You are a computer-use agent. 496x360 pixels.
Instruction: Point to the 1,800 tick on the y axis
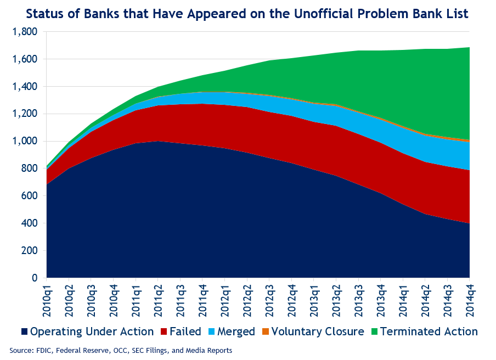click(25, 32)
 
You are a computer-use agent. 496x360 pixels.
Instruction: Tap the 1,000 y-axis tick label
click(25, 141)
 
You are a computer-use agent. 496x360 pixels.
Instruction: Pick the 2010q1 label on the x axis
click(47, 299)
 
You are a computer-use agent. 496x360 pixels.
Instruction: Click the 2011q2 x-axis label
click(159, 299)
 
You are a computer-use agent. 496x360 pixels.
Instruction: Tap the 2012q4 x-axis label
click(292, 299)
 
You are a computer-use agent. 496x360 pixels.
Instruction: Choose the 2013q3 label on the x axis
click(359, 299)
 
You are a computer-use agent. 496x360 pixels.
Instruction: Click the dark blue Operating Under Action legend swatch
click(24, 331)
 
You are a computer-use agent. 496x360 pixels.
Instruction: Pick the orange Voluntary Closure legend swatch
click(265, 331)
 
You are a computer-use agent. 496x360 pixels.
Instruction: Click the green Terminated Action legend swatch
click(374, 331)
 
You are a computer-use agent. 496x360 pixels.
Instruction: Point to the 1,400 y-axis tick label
click(25, 87)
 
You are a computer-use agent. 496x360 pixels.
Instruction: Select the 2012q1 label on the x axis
click(226, 299)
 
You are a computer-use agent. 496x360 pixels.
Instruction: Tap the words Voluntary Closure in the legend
click(318, 331)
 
